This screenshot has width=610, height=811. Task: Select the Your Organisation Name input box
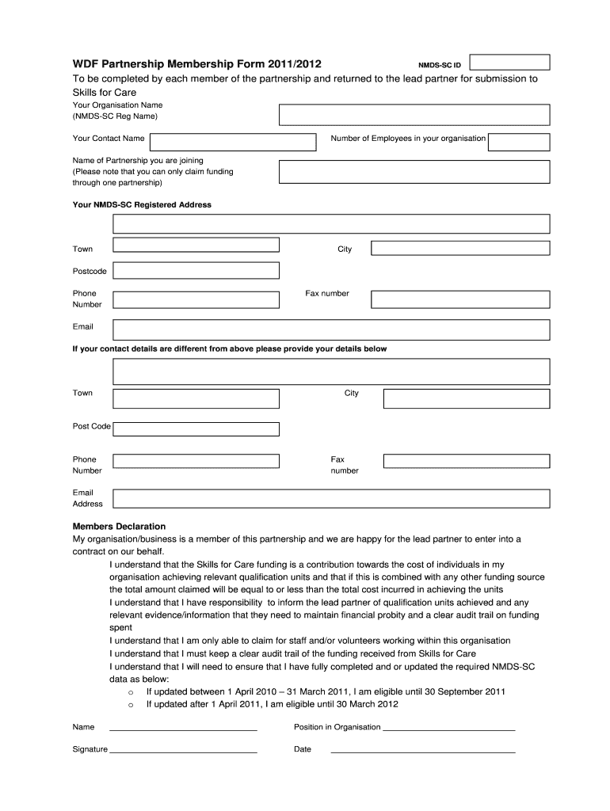point(414,116)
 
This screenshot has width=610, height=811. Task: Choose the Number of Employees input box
point(519,142)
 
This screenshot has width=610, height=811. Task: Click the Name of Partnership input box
point(414,171)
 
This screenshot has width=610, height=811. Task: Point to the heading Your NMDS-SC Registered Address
point(142,204)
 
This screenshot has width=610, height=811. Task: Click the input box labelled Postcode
point(196,271)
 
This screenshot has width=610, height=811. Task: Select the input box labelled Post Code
point(196,428)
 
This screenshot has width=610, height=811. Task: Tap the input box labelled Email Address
point(331,499)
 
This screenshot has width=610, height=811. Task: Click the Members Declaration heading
point(119,526)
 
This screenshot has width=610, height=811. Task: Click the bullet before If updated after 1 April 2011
point(130,704)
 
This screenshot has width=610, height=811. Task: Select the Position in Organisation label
point(337,727)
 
